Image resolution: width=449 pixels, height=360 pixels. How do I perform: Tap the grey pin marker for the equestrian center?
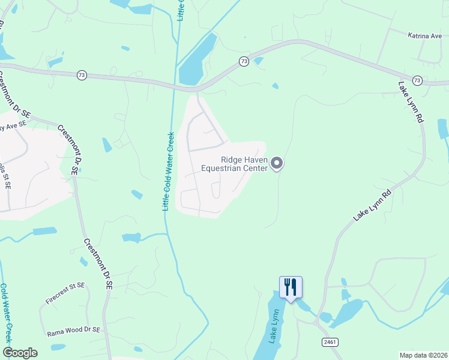pos(277,163)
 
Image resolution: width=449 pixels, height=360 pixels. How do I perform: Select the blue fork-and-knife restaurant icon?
pos(291,286)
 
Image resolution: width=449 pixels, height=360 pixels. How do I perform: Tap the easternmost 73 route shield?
pos(417,80)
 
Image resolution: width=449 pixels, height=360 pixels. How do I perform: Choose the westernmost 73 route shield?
pos(82,74)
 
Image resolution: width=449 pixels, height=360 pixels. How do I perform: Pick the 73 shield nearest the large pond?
pos(244,61)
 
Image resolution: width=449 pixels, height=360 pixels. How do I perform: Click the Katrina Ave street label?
pos(424,36)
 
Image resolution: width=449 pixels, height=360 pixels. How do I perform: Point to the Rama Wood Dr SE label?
pos(74,331)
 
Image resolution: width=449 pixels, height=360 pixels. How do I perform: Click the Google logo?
pos(20,353)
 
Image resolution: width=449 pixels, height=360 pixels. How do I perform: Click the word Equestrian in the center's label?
pos(226,169)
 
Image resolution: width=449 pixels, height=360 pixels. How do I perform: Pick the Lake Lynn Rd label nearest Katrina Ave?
pos(411,102)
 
